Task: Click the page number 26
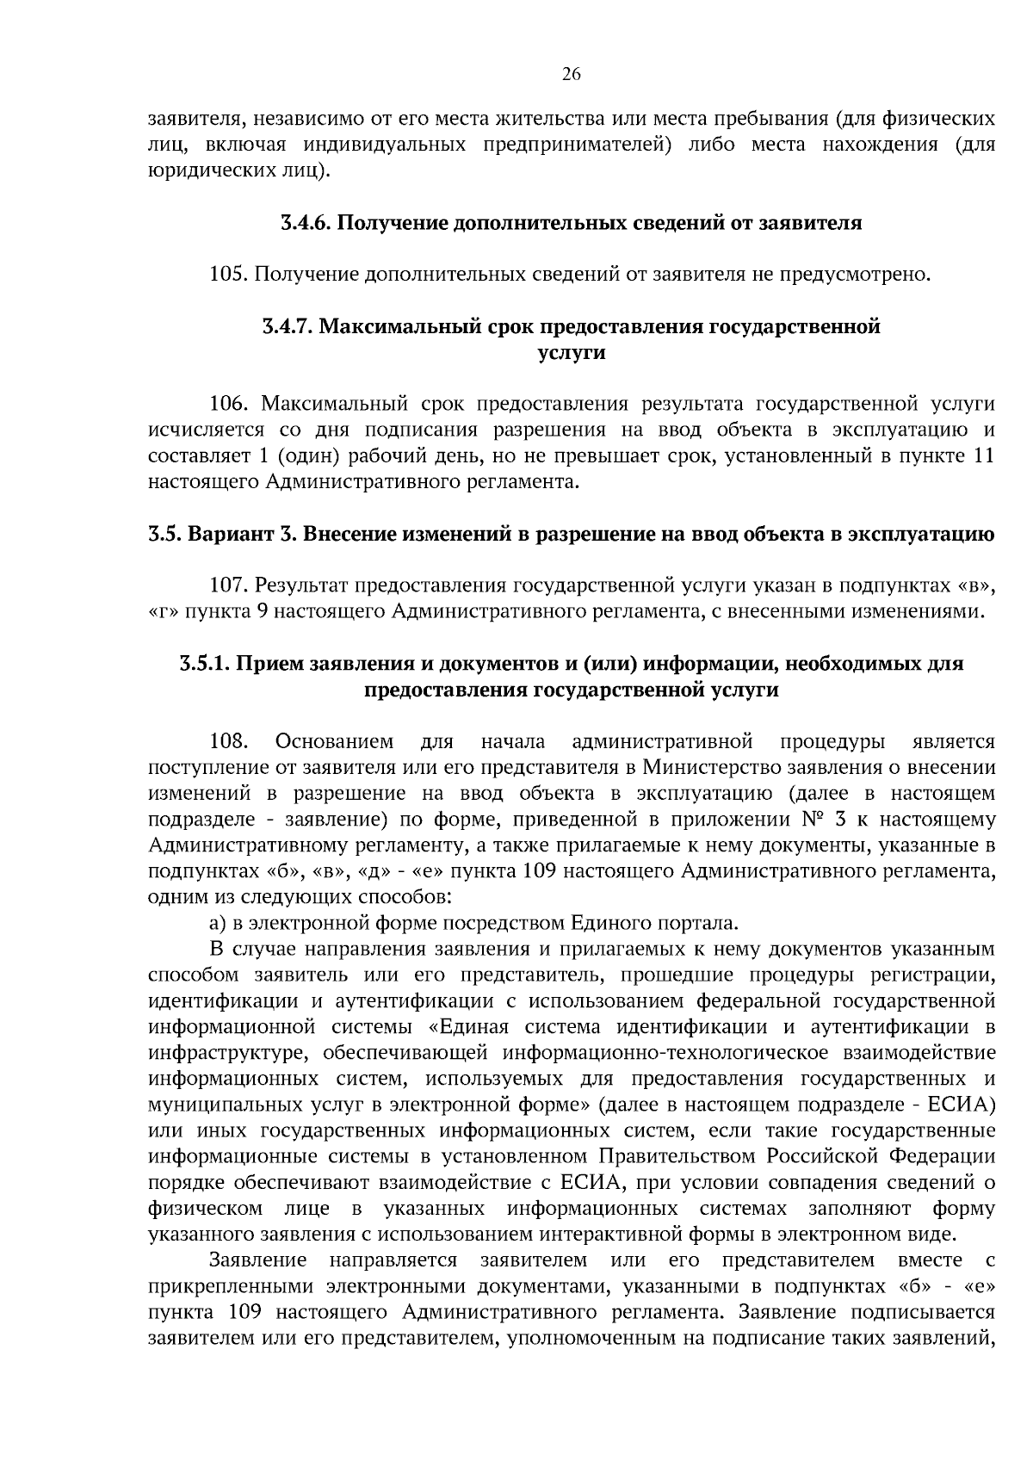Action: coord(572,74)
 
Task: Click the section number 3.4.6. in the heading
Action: coord(305,223)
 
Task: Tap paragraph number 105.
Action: coord(229,275)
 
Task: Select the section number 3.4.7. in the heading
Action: coord(288,327)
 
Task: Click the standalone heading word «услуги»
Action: coord(572,353)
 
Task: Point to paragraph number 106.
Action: coord(229,405)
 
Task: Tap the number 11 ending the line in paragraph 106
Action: coord(982,456)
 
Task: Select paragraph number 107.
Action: coord(229,586)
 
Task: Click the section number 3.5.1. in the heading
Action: coord(204,664)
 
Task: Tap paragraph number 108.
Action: coord(229,741)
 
